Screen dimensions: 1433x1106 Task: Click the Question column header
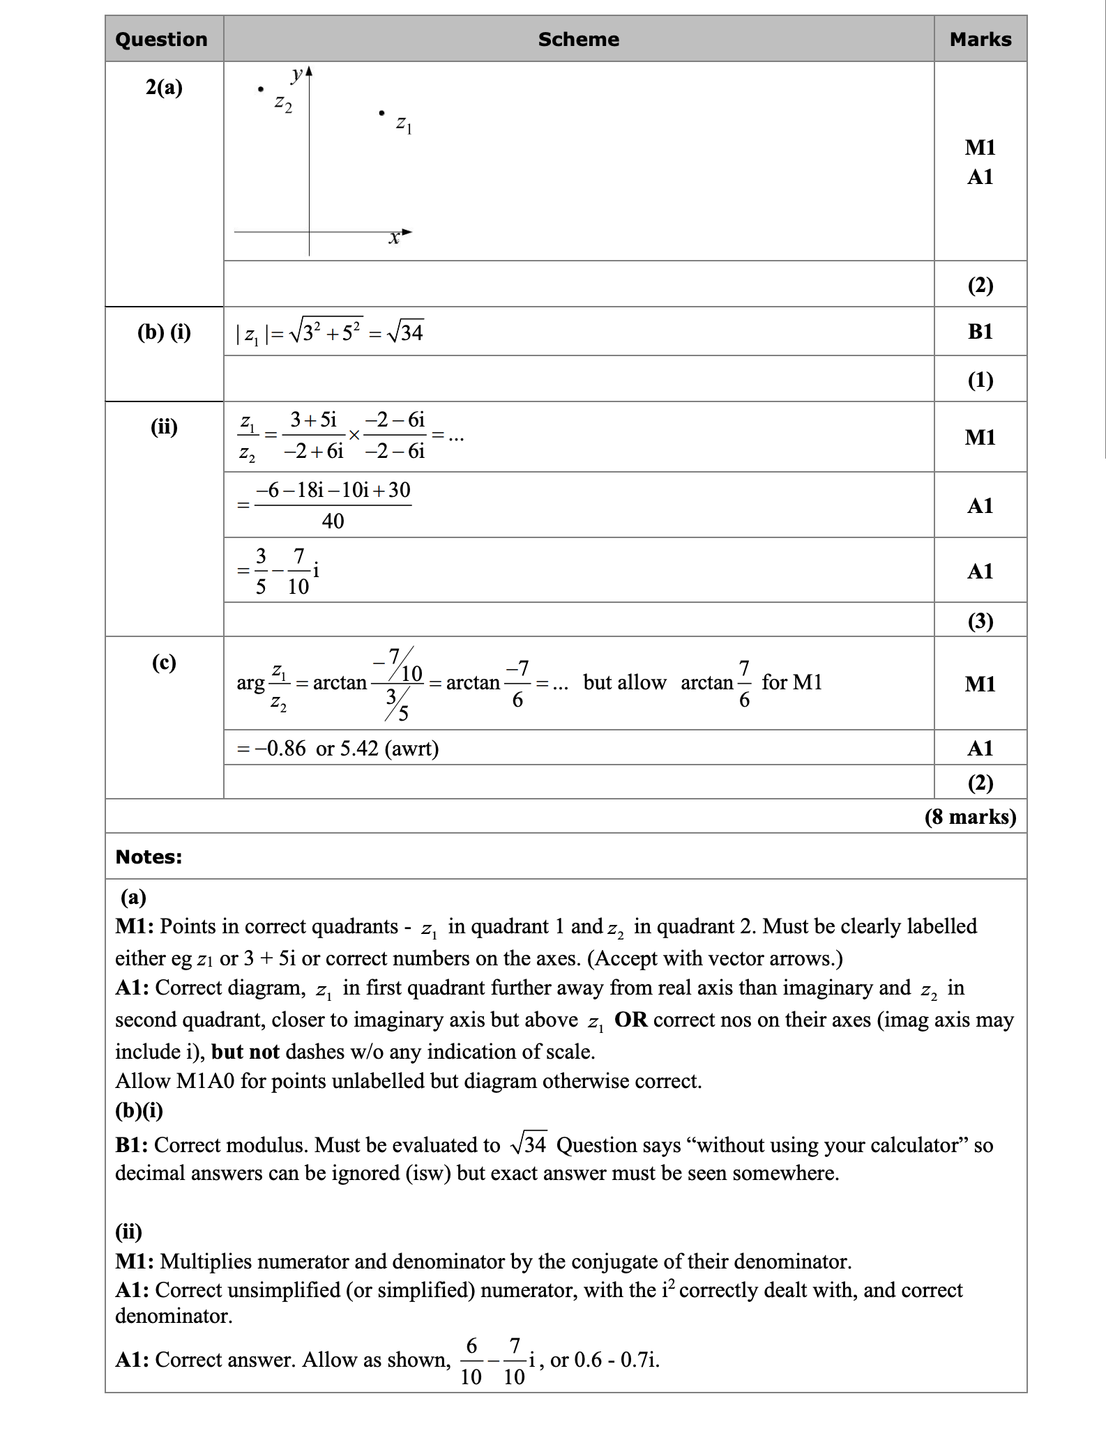pyautogui.click(x=161, y=39)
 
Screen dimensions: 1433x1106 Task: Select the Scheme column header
pyautogui.click(x=578, y=39)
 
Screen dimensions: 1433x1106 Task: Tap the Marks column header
pyautogui.click(x=980, y=39)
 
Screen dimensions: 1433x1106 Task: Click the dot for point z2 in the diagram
pyautogui.click(x=260, y=89)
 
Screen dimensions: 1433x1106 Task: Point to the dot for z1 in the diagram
pyautogui.click(x=381, y=112)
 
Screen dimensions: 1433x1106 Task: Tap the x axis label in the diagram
pyautogui.click(x=394, y=238)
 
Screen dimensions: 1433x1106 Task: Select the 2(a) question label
pyautogui.click(x=164, y=87)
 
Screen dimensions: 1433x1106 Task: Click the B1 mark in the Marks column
pyautogui.click(x=980, y=332)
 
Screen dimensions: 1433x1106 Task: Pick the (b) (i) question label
pyautogui.click(x=164, y=332)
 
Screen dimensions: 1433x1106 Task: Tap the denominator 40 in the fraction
pyautogui.click(x=333, y=521)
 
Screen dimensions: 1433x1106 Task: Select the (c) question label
pyautogui.click(x=164, y=661)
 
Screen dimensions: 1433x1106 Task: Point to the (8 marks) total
pyautogui.click(x=970, y=816)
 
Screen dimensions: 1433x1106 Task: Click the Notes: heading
pyautogui.click(x=149, y=857)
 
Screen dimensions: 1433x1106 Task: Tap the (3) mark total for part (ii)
pyautogui.click(x=980, y=620)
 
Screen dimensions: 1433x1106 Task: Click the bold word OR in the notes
pyautogui.click(x=630, y=1020)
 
